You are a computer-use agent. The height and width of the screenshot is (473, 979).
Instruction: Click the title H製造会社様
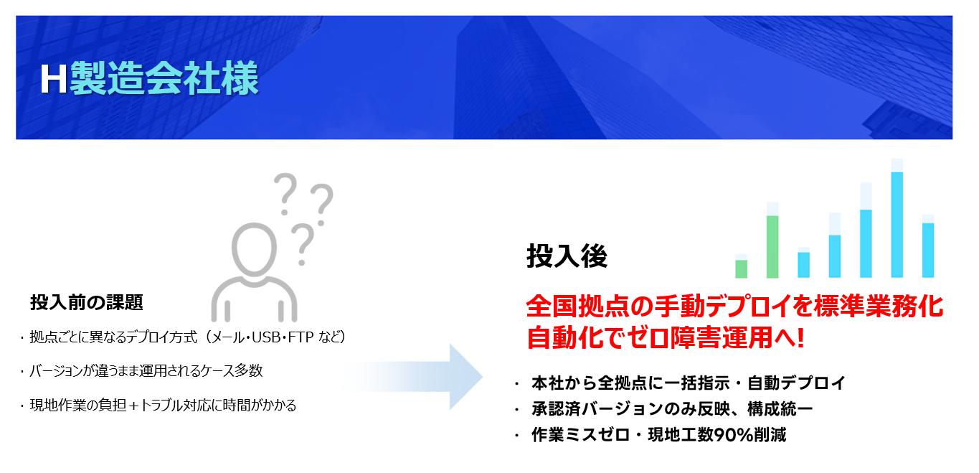click(149, 78)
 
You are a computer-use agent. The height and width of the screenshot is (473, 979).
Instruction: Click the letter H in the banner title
click(53, 79)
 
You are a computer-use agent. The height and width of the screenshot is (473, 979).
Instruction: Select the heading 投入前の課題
click(87, 302)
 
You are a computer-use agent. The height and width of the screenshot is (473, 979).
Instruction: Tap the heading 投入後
click(567, 256)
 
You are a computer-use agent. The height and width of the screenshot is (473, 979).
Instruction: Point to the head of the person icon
click(254, 249)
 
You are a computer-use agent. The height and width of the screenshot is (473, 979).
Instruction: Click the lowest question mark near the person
click(303, 245)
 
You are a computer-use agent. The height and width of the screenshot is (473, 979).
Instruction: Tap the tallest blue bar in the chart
click(897, 225)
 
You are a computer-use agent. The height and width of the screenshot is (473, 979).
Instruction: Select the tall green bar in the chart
click(772, 247)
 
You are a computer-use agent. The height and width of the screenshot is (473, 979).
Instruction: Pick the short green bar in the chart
click(742, 269)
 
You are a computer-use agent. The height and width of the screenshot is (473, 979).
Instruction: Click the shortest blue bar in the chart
click(803, 265)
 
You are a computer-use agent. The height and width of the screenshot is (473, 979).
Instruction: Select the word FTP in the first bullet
click(301, 337)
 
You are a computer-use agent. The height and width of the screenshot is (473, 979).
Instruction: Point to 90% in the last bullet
click(734, 434)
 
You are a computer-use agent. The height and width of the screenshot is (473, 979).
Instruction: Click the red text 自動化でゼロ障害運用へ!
click(666, 338)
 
